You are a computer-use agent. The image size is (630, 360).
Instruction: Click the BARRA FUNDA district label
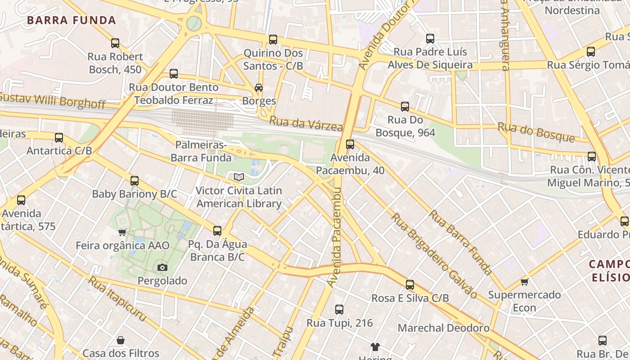[72, 20]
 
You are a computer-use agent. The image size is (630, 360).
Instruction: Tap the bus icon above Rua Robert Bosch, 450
[115, 43]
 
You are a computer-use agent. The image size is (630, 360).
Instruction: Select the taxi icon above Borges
[259, 88]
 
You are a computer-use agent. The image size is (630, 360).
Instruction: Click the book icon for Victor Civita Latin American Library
[239, 177]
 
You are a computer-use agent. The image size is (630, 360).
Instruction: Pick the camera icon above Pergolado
[162, 268]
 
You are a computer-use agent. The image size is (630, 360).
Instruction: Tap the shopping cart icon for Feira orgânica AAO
[122, 233]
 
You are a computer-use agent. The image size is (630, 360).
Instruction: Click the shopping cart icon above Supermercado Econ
[524, 282]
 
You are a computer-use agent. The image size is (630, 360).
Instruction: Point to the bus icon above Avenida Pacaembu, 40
[350, 144]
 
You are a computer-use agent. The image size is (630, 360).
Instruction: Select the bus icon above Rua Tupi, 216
[339, 310]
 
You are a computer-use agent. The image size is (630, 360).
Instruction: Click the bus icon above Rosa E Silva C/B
[410, 285]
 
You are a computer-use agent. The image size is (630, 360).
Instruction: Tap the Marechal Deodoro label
[443, 328]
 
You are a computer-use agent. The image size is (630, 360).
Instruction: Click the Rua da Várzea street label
[306, 124]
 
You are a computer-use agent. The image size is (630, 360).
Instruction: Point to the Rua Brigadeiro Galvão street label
[434, 256]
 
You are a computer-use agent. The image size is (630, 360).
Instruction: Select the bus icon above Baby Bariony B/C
[135, 181]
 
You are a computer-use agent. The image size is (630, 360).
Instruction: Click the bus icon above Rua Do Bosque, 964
[405, 107]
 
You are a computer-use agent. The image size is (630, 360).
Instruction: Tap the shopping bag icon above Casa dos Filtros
[121, 340]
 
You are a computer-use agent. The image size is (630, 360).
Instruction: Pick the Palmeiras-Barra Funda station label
[201, 151]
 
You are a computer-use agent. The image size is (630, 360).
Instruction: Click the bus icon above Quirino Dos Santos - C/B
[273, 40]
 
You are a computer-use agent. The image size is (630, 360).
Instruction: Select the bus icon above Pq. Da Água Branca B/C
[217, 231]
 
